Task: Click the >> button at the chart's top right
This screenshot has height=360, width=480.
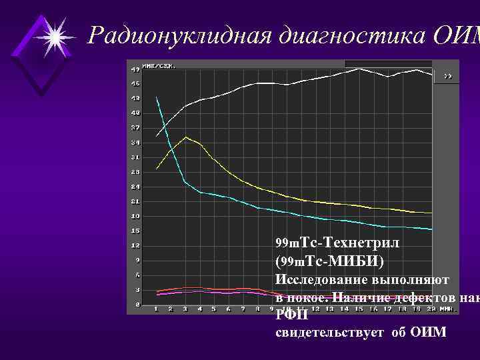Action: pyautogui.click(x=449, y=76)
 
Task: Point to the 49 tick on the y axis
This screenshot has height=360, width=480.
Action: pyautogui.click(x=135, y=69)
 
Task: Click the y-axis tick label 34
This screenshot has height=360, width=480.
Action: pyautogui.click(x=135, y=142)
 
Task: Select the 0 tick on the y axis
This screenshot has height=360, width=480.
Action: pyautogui.click(x=137, y=304)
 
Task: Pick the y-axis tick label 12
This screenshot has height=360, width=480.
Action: pyautogui.click(x=135, y=245)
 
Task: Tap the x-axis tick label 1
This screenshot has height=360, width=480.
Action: pyautogui.click(x=156, y=309)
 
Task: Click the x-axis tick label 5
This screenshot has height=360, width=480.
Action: pyautogui.click(x=214, y=309)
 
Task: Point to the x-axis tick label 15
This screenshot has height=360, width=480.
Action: pyautogui.click(x=359, y=309)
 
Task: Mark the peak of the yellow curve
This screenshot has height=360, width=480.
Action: pyautogui.click(x=186, y=137)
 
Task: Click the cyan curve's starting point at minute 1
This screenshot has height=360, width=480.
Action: pyautogui.click(x=157, y=97)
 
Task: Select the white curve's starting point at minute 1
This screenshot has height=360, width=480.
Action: pyautogui.click(x=157, y=136)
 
